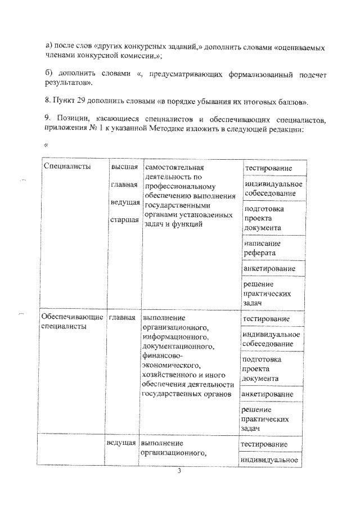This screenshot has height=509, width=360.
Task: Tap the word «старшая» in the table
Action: tap(124, 219)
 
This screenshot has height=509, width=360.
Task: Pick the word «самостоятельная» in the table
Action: tap(173, 168)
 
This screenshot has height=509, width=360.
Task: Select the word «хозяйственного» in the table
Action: tap(170, 375)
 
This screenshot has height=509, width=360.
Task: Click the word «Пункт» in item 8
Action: tap(67, 102)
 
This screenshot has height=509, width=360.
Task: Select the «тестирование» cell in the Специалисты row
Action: tap(267, 169)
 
